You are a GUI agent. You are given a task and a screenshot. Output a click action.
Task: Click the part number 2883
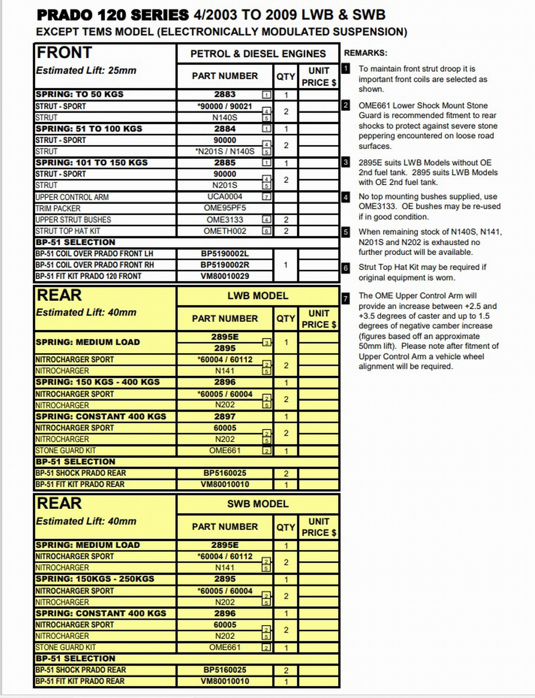click(x=225, y=95)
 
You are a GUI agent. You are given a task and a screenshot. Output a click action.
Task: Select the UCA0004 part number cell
click(x=225, y=197)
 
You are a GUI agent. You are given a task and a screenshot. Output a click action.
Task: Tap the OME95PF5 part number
click(x=225, y=208)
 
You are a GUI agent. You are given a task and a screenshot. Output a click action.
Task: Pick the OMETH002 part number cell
click(x=225, y=231)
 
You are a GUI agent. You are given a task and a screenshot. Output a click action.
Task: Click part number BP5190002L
click(x=225, y=254)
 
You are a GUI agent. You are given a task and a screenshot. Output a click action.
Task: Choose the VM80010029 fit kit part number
click(x=225, y=276)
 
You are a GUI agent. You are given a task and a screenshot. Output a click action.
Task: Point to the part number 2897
click(x=225, y=416)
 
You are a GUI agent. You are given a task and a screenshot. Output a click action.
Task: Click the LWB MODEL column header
click(x=258, y=296)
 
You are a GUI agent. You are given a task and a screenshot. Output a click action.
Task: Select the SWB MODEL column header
click(x=258, y=504)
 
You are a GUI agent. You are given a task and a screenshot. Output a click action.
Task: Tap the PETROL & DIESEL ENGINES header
click(x=258, y=54)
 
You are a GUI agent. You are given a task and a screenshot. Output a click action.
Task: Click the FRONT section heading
click(x=64, y=52)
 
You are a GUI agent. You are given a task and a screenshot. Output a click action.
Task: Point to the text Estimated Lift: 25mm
click(x=86, y=71)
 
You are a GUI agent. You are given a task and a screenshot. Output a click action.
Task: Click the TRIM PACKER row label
click(x=58, y=208)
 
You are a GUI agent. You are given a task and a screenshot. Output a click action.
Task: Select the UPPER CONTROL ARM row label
click(x=72, y=197)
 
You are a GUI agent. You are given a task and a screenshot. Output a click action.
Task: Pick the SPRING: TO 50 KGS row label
click(x=79, y=95)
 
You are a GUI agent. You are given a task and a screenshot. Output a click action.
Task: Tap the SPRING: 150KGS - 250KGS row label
click(x=95, y=579)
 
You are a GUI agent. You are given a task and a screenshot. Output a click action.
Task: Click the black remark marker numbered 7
click(x=346, y=299)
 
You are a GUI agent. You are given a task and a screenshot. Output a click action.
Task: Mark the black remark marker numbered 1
click(x=346, y=69)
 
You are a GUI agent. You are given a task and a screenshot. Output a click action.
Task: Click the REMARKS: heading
click(x=366, y=53)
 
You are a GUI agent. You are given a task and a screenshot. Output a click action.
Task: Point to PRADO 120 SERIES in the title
click(x=113, y=15)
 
